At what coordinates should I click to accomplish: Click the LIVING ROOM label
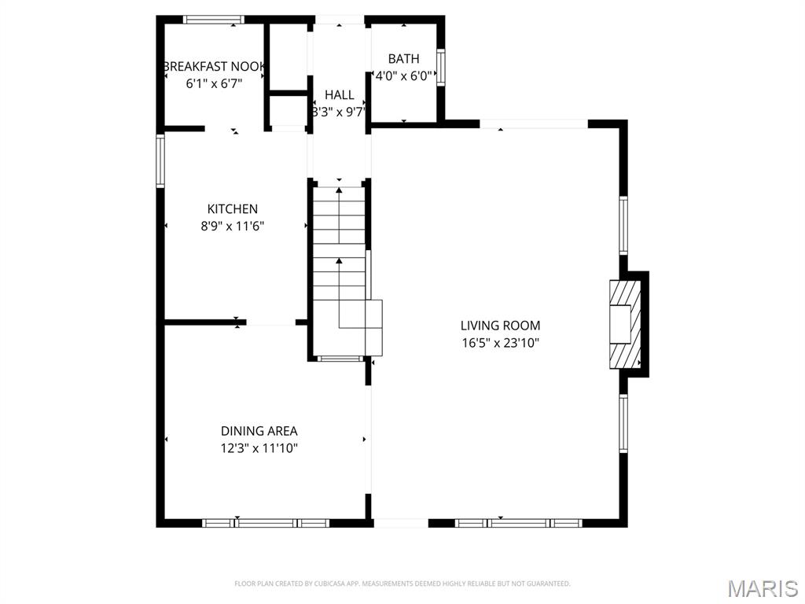click(x=500, y=325)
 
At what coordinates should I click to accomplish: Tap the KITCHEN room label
click(x=232, y=208)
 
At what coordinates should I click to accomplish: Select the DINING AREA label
click(x=259, y=430)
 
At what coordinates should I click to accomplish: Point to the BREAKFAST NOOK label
click(x=214, y=66)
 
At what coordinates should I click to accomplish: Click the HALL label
click(x=340, y=94)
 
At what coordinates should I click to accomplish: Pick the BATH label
click(x=403, y=58)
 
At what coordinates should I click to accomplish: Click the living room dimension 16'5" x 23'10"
click(x=501, y=343)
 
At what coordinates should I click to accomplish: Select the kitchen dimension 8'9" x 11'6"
click(x=232, y=226)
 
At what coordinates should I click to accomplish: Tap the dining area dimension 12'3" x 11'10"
click(x=259, y=447)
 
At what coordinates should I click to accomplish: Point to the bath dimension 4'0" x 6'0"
click(x=403, y=76)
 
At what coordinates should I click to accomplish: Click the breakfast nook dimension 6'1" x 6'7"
click(x=214, y=83)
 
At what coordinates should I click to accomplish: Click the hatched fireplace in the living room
click(x=625, y=324)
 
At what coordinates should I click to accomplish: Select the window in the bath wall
click(x=440, y=68)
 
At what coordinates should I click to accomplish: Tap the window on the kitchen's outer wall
click(x=160, y=160)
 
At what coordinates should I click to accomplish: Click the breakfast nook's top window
click(x=213, y=20)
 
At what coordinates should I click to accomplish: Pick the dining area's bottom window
click(x=266, y=523)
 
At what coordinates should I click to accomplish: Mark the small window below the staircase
click(x=340, y=359)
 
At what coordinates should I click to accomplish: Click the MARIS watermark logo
click(x=763, y=588)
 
